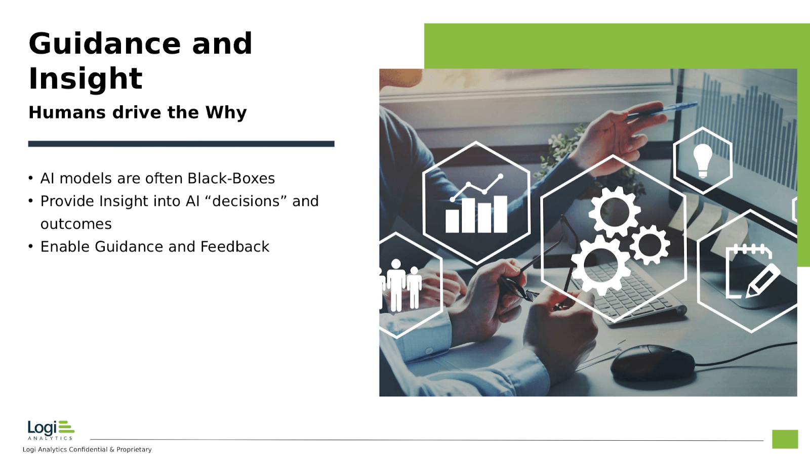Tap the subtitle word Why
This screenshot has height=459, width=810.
point(226,113)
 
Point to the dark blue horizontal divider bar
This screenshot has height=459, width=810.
point(181,144)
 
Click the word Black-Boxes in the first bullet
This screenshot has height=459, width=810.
point(231,179)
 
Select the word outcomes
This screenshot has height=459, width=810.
point(76,224)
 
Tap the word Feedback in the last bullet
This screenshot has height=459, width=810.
point(235,247)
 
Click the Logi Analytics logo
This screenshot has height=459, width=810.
point(51,430)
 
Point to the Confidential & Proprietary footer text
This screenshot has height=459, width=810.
point(87,449)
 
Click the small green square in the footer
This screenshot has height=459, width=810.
point(785,439)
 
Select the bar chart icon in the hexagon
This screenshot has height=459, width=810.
point(476,203)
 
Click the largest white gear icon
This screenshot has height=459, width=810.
point(600,265)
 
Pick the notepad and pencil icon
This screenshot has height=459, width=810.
point(752,271)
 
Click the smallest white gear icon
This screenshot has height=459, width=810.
point(650,244)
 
